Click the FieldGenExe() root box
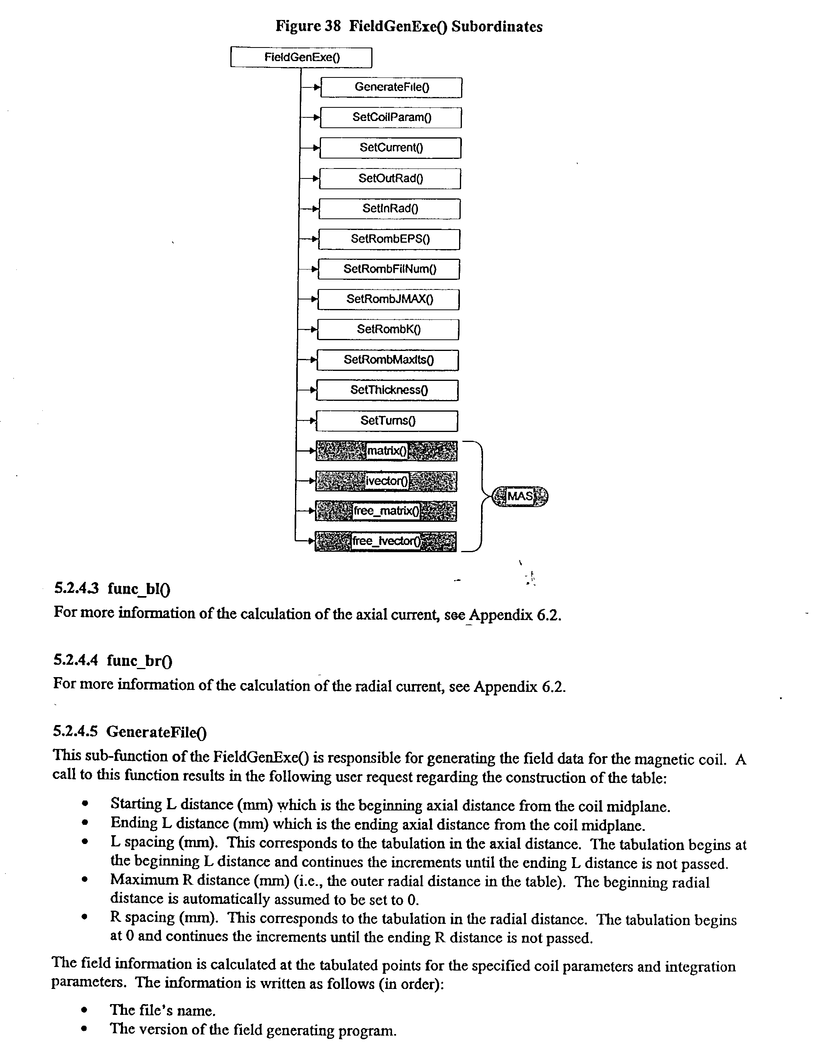pyautogui.click(x=301, y=57)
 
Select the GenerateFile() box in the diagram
pyautogui.click(x=391, y=87)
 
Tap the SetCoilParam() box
pyautogui.click(x=391, y=117)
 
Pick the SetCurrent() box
pyautogui.click(x=390, y=148)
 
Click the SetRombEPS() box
pyautogui.click(x=389, y=239)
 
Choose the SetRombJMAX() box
pyautogui.click(x=388, y=299)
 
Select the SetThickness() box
pyautogui.click(x=388, y=390)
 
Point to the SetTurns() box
pyautogui.click(x=387, y=421)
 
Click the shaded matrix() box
pyautogui.click(x=386, y=451)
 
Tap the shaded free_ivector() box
pyautogui.click(x=386, y=541)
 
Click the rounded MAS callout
pyautogui.click(x=520, y=496)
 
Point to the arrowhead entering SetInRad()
pyautogui.click(x=316, y=209)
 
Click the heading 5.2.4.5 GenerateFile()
pyautogui.click(x=129, y=732)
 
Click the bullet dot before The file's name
pyautogui.click(x=85, y=1010)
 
